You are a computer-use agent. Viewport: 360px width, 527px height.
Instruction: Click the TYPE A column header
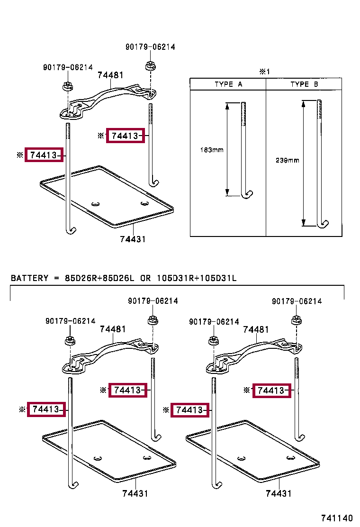click(228, 84)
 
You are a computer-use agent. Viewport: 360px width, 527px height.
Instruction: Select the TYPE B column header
click(304, 84)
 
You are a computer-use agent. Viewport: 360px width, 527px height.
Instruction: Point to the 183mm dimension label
click(212, 150)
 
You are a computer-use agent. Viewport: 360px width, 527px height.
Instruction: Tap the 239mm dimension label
click(288, 160)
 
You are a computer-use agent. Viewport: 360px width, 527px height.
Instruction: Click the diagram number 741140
click(337, 518)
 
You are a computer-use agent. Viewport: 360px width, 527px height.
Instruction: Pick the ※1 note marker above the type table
click(264, 72)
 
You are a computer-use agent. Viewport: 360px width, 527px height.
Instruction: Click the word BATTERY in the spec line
click(29, 278)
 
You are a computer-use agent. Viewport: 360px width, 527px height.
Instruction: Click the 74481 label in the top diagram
click(110, 75)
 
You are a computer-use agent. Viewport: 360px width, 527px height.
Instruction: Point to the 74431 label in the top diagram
click(132, 239)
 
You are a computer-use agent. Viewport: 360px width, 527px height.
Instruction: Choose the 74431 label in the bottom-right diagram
click(279, 493)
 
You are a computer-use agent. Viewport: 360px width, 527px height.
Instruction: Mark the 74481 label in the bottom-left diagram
click(112, 329)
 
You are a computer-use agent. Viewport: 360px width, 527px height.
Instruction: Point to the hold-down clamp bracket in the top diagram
click(109, 99)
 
